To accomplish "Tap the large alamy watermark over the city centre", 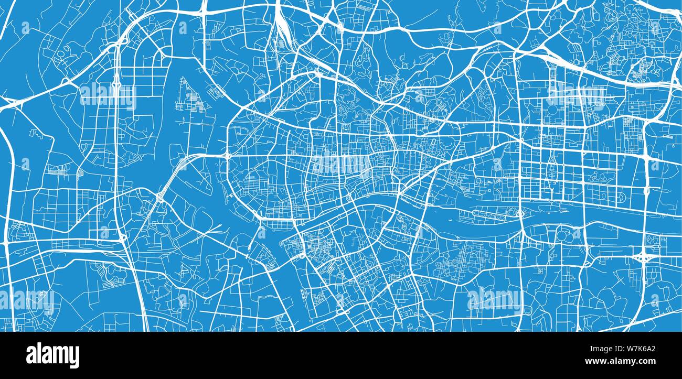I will (x=341, y=165).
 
